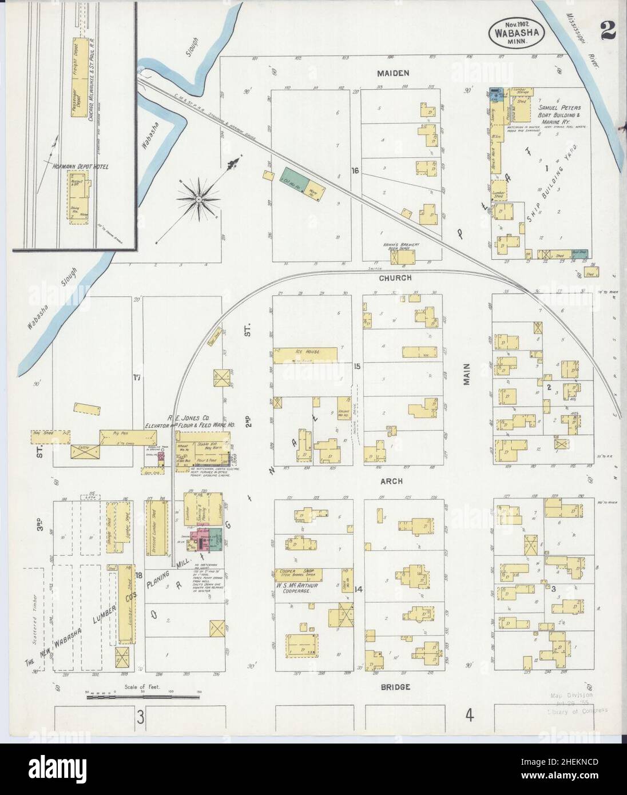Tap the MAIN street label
(466, 375)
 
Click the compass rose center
(198, 198)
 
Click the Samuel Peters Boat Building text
(559, 112)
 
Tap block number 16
(355, 170)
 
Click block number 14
(359, 589)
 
